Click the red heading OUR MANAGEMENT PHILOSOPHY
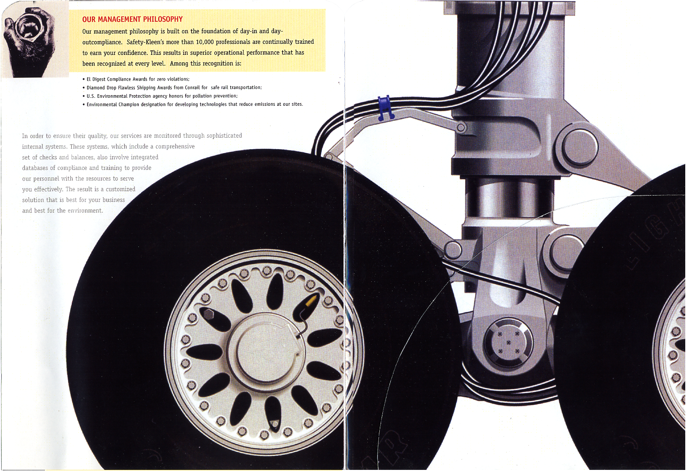pos(132,19)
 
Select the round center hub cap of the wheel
pos(265,349)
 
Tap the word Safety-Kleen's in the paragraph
pos(145,42)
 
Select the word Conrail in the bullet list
pos(192,87)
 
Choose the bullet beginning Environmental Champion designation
pos(193,104)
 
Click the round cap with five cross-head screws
pos(508,342)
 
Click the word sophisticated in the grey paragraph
pos(224,136)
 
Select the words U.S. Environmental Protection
pos(119,96)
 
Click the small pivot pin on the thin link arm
pos(461,127)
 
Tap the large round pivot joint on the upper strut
pos(580,146)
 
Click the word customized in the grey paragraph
pos(121,189)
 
